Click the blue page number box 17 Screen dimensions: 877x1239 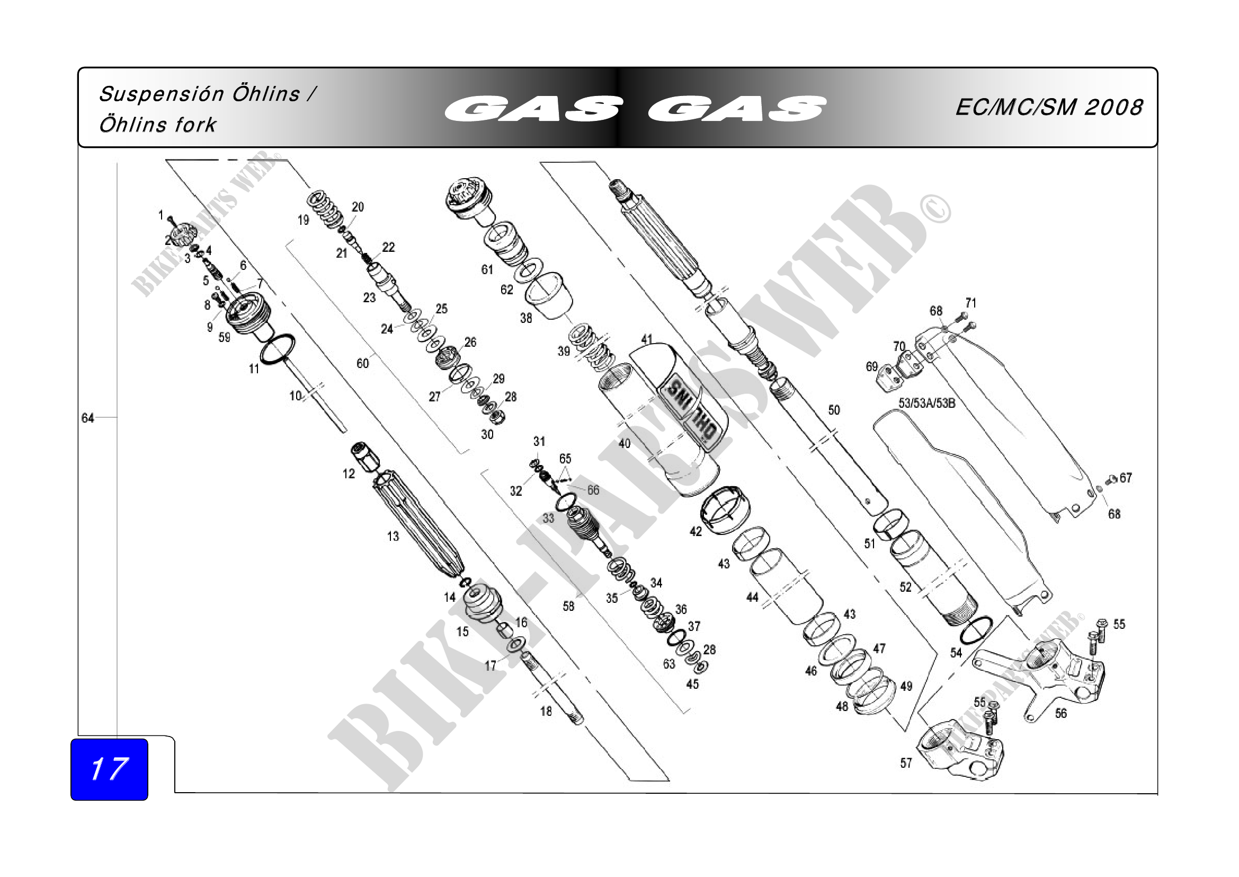pyautogui.click(x=109, y=768)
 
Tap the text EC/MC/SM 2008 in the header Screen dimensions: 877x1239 pyautogui.click(x=1048, y=108)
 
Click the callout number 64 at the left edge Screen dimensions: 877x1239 pyautogui.click(x=87, y=418)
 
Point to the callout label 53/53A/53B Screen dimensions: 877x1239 pyautogui.click(x=926, y=403)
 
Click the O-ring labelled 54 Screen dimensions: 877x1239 pyautogui.click(x=976, y=630)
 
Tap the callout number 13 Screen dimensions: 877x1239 pyautogui.click(x=393, y=536)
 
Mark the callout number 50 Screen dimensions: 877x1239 pyautogui.click(x=834, y=410)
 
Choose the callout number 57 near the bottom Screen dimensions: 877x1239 pyautogui.click(x=906, y=763)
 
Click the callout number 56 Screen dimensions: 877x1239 pyautogui.click(x=1060, y=713)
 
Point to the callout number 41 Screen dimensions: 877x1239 pyautogui.click(x=646, y=339)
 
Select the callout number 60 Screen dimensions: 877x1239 pyautogui.click(x=363, y=363)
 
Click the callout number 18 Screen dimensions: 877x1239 pyautogui.click(x=546, y=711)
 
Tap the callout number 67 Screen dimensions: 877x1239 pyautogui.click(x=1126, y=478)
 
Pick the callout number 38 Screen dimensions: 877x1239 pyautogui.click(x=526, y=318)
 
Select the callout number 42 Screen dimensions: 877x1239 pyautogui.click(x=696, y=531)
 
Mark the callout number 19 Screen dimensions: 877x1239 pyautogui.click(x=304, y=220)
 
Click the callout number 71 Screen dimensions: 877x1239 pyautogui.click(x=971, y=303)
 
